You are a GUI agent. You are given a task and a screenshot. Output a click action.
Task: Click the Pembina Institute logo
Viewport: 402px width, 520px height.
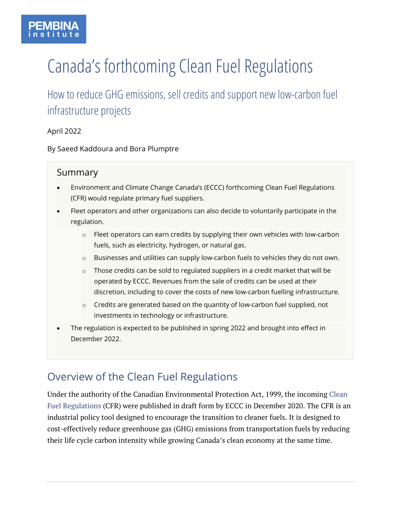tap(53, 29)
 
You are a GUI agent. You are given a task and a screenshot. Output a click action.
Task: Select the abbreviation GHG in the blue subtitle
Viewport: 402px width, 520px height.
tap(114, 95)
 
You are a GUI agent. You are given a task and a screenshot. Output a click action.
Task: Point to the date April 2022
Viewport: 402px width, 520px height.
tap(64, 131)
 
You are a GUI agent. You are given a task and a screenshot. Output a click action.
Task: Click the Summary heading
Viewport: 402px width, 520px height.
tap(77, 172)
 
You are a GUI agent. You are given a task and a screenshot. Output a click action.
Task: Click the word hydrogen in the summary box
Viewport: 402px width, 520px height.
tap(184, 245)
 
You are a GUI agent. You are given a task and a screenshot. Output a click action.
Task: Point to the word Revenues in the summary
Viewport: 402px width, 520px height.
tap(166, 281)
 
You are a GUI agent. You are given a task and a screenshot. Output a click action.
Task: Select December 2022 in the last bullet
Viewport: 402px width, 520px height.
tap(96, 339)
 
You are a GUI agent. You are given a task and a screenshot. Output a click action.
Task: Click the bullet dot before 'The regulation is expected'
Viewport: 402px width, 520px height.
tap(58, 328)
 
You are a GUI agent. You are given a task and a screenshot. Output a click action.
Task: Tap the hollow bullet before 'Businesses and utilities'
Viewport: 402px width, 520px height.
tap(84, 258)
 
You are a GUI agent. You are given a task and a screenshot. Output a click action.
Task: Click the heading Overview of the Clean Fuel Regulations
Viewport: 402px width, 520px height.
tap(142, 377)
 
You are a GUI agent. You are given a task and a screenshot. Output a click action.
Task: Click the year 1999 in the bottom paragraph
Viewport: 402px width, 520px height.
tap(274, 394)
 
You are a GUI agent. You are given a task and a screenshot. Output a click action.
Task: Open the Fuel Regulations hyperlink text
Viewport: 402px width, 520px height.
tap(74, 406)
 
